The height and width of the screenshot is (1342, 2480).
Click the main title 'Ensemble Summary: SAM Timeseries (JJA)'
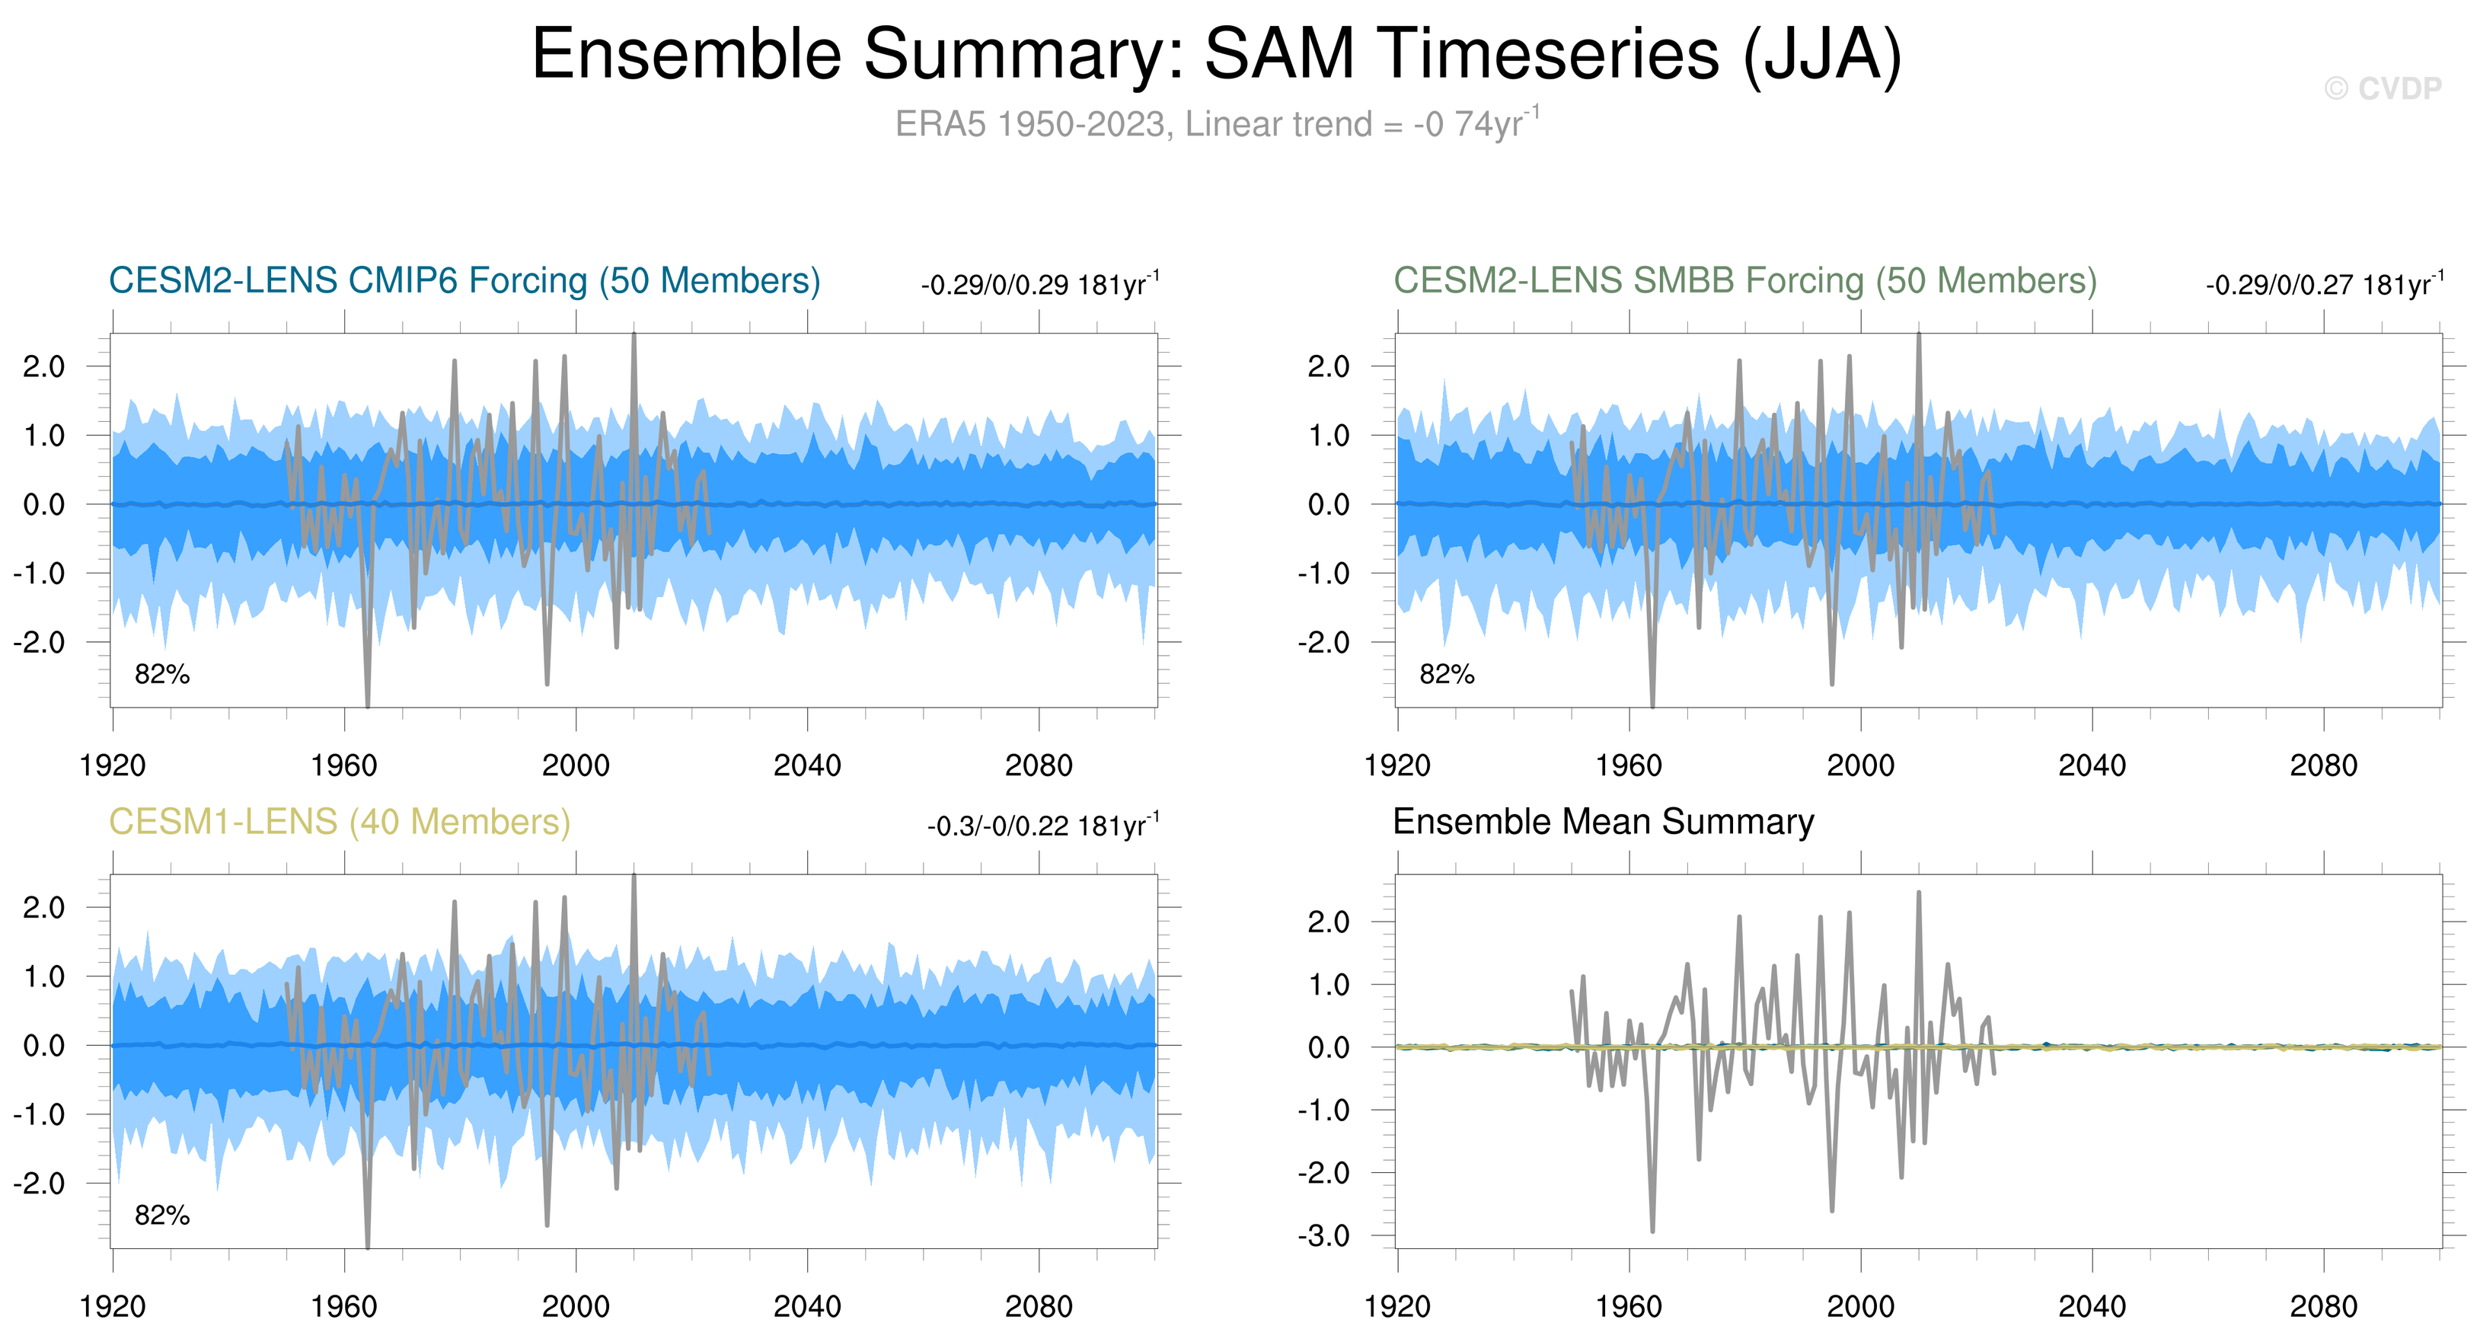pyautogui.click(x=1216, y=54)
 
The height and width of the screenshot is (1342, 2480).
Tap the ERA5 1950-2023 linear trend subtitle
pyautogui.click(x=1216, y=124)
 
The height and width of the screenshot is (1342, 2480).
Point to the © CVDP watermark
pyautogui.click(x=2382, y=88)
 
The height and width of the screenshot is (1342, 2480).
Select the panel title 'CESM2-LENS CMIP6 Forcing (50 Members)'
pyautogui.click(x=464, y=280)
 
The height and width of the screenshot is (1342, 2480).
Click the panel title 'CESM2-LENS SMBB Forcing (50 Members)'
pyautogui.click(x=1744, y=280)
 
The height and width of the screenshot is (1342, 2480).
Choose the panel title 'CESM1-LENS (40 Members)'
pyautogui.click(x=339, y=821)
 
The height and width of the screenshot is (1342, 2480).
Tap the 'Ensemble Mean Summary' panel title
pyautogui.click(x=1603, y=821)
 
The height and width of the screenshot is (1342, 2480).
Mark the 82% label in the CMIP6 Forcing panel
pyautogui.click(x=161, y=674)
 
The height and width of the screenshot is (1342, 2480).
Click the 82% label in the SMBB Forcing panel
pyautogui.click(x=1447, y=674)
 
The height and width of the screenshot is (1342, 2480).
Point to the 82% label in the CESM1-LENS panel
pyautogui.click(x=161, y=1215)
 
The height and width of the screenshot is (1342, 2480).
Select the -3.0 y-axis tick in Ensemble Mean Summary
pyautogui.click(x=1329, y=1235)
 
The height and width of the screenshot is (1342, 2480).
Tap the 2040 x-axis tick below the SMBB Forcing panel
pyautogui.click(x=2092, y=765)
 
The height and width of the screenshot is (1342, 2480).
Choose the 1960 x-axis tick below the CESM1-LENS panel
pyautogui.click(x=343, y=1306)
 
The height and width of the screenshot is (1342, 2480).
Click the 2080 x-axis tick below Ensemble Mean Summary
pyautogui.click(x=2323, y=1306)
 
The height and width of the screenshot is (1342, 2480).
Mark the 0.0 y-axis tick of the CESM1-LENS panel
pyautogui.click(x=44, y=1046)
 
